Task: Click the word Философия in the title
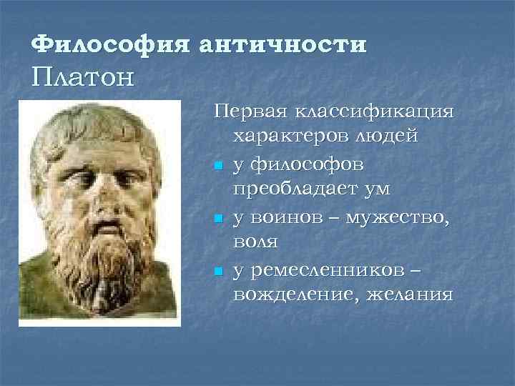click(x=110, y=44)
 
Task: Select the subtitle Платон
click(x=82, y=76)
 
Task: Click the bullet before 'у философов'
click(x=218, y=167)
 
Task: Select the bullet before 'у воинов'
click(x=218, y=219)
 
